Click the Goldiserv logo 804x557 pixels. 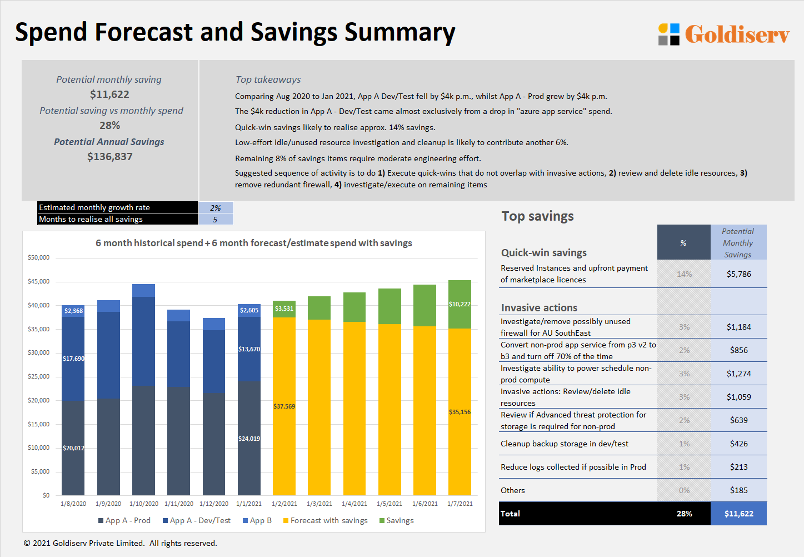[x=723, y=34]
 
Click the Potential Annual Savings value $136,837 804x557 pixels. [x=110, y=157]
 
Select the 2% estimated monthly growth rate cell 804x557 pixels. [x=216, y=207]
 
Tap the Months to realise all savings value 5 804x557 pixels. [x=216, y=219]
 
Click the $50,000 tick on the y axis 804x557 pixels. [x=38, y=257]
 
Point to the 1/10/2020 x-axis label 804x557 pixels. [x=143, y=504]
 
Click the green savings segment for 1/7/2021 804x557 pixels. [x=460, y=304]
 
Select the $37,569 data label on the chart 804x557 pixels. [x=284, y=406]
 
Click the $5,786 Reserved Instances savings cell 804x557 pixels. [x=738, y=274]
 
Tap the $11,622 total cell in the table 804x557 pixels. [x=738, y=514]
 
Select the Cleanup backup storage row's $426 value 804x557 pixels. [x=738, y=444]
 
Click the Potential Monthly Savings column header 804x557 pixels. [x=738, y=243]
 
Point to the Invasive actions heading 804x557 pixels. [x=539, y=308]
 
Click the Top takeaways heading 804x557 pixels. [x=268, y=79]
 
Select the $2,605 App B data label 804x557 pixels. [x=249, y=310]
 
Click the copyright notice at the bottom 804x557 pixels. [x=120, y=543]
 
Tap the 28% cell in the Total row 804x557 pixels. [x=684, y=514]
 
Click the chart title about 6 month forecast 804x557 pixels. [x=253, y=243]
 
